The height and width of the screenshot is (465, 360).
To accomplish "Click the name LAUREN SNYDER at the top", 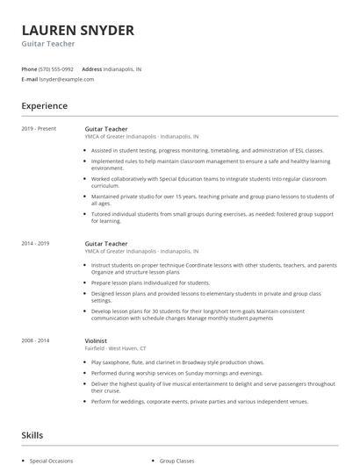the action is point(77,31).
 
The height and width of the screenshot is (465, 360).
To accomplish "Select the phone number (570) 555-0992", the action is point(57,68).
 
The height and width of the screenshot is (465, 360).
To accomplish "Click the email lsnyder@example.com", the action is point(67,79).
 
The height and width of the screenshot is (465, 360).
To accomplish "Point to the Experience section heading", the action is point(44,106).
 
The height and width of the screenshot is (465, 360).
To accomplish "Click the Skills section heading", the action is point(32,434).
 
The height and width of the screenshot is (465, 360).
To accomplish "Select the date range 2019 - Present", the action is point(40,129).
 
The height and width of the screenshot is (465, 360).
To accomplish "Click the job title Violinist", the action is point(97,340).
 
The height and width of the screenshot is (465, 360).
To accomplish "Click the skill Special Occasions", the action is point(51,460).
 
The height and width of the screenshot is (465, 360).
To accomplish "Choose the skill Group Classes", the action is point(179,460).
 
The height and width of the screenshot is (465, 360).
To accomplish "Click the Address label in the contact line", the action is point(91,68).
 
